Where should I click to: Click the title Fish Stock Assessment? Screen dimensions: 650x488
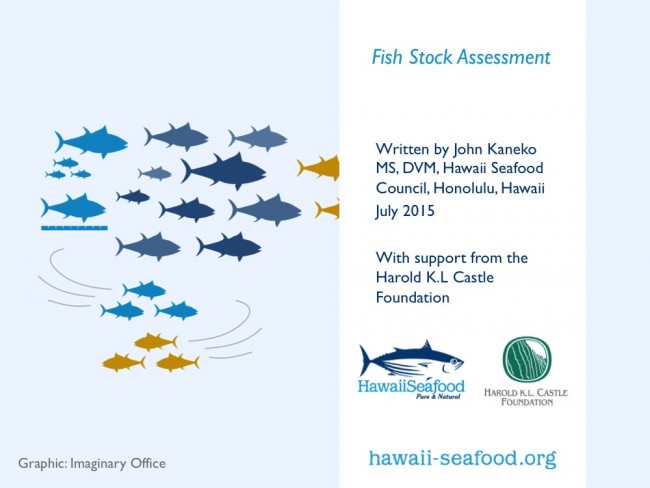[461, 58]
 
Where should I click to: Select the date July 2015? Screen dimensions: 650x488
[405, 211]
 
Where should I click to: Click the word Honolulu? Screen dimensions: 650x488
[465, 188]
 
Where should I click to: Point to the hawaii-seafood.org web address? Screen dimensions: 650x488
[462, 459]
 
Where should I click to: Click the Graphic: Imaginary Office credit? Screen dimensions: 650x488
[92, 464]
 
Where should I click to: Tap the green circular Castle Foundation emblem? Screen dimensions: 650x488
[527, 360]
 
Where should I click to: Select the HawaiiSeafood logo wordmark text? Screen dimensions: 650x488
[411, 387]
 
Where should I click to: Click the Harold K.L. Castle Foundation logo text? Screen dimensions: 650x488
[526, 397]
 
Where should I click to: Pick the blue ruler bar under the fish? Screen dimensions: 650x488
[74, 228]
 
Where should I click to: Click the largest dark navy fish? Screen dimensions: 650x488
[223, 170]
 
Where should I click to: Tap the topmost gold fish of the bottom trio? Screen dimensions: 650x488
[156, 342]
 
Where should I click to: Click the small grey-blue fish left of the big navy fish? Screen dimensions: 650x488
[155, 173]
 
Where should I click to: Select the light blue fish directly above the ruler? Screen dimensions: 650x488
[73, 207]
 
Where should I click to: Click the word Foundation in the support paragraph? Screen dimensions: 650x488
[412, 298]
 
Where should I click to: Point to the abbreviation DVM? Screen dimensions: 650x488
[415, 168]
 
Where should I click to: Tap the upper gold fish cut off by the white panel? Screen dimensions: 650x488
[318, 168]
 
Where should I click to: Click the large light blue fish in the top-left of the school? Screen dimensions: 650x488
[91, 142]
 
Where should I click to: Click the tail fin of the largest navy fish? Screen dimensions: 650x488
[186, 170]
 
